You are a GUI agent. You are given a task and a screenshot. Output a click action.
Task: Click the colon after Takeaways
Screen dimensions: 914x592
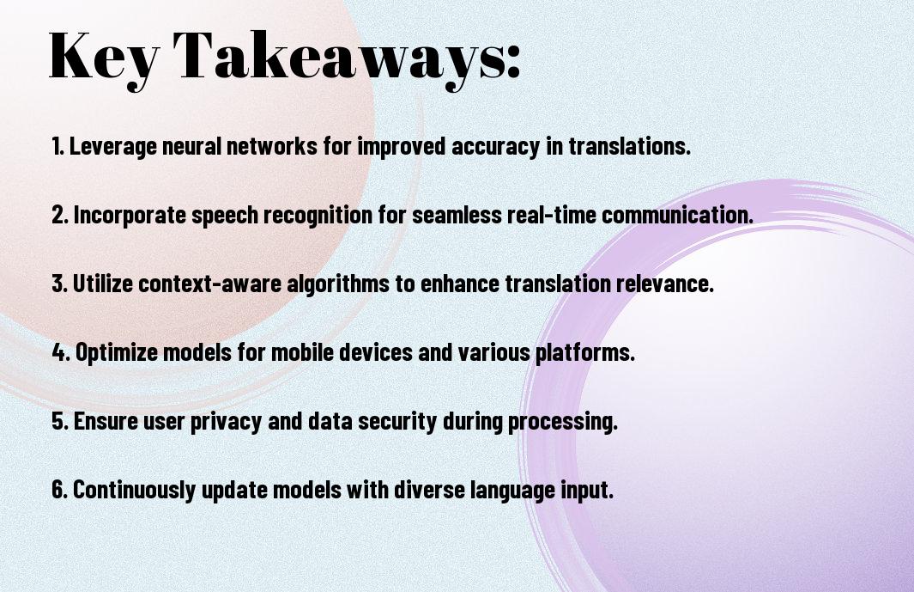[x=513, y=61]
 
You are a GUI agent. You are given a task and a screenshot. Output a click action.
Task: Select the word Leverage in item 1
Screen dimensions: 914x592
[x=113, y=147]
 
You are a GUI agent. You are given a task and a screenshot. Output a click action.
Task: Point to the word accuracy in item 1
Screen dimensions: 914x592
[x=495, y=147]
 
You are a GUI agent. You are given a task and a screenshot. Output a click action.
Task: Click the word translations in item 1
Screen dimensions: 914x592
[x=630, y=146]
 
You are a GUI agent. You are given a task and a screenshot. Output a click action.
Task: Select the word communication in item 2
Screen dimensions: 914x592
[x=677, y=215]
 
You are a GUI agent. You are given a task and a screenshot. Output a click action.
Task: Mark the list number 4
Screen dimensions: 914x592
[x=61, y=352]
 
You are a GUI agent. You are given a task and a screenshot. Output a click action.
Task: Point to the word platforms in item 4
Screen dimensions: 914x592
[x=584, y=352]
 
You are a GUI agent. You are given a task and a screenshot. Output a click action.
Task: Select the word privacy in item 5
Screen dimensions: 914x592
[x=227, y=421]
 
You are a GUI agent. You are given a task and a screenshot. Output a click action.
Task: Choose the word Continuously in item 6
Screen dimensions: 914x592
[x=134, y=489]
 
